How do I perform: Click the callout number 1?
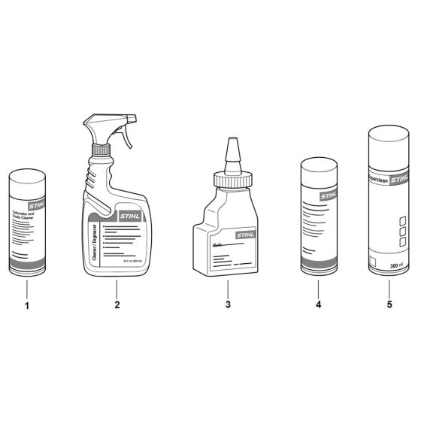click(27, 306)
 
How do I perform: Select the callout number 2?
click(117, 306)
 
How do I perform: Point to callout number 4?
click(318, 306)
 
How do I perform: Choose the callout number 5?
click(389, 306)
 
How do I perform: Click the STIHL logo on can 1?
click(37, 203)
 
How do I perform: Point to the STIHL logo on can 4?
click(329, 195)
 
